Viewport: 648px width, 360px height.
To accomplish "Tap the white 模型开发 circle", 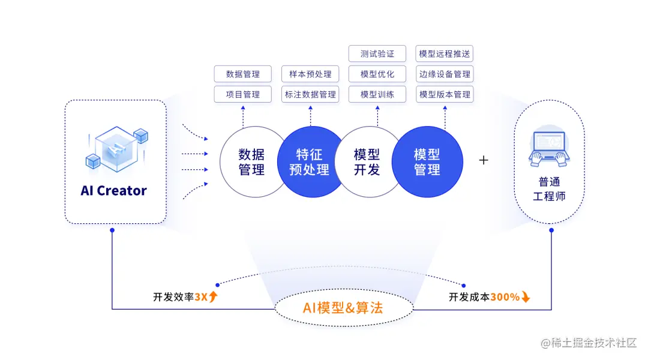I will [367, 162].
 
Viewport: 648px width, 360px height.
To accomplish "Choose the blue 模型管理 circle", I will [427, 162].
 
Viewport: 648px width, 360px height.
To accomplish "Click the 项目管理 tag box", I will [243, 94].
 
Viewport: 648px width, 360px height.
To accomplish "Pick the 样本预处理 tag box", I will [310, 74].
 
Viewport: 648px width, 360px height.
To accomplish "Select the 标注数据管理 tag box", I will [310, 94].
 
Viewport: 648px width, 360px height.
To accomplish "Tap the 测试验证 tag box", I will [377, 53].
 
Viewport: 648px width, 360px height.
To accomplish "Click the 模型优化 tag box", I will [377, 74].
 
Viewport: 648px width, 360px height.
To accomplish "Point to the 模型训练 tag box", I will [377, 94].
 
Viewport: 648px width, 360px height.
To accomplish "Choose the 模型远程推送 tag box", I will [445, 53].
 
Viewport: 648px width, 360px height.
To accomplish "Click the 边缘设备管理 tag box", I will [445, 74].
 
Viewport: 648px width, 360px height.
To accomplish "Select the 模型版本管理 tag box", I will [445, 94].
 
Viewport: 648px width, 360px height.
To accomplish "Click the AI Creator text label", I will [114, 191].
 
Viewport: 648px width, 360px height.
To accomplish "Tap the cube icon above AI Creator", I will [116, 148].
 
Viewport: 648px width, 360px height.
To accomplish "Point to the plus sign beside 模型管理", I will [484, 160].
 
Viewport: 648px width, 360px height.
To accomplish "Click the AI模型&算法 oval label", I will [343, 308].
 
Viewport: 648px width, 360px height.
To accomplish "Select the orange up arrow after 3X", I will [213, 296].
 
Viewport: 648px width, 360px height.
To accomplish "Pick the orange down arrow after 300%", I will [526, 296].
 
